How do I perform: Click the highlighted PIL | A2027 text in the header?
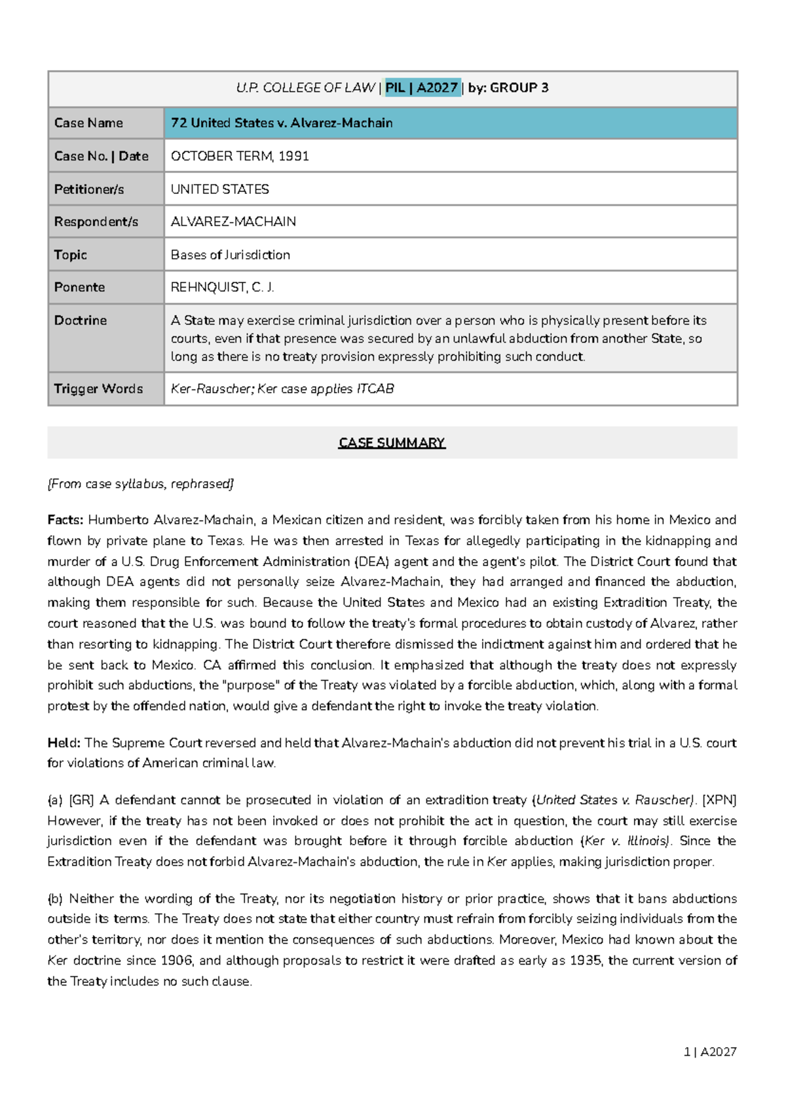click(422, 88)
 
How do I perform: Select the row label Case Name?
click(88, 123)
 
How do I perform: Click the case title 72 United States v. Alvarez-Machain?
click(282, 123)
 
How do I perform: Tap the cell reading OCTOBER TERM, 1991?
click(240, 157)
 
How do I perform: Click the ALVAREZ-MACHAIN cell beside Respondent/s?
click(233, 222)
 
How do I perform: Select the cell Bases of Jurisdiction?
click(231, 255)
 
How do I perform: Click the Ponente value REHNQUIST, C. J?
click(222, 288)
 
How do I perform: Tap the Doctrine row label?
click(81, 320)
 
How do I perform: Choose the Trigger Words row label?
click(98, 389)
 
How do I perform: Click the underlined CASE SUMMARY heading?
click(392, 443)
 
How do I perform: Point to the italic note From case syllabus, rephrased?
click(140, 484)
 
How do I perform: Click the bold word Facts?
click(65, 520)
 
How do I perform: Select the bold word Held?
click(64, 743)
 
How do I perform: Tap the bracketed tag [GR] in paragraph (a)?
click(81, 800)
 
